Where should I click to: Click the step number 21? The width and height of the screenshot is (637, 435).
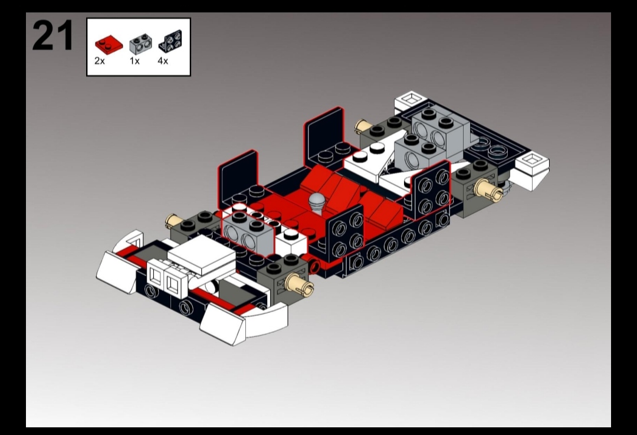(x=52, y=35)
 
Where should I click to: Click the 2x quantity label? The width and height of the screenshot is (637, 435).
(x=100, y=61)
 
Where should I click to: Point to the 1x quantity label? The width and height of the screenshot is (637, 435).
(x=134, y=61)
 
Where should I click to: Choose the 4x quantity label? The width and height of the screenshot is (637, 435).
(x=163, y=61)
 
